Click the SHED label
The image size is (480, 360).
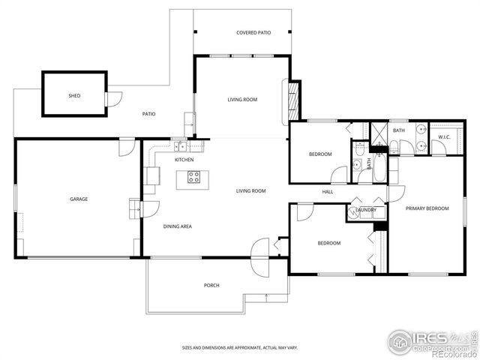[x=74, y=96]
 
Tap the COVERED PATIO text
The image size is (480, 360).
[x=253, y=33]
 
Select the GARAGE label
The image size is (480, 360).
[x=79, y=199]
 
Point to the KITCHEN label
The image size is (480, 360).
[x=184, y=160]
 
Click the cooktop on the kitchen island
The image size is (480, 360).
[x=193, y=178]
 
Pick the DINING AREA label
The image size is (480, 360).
[x=178, y=226]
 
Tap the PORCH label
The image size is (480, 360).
[x=211, y=286]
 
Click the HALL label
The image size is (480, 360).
[x=328, y=192]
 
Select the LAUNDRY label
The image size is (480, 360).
[x=366, y=210]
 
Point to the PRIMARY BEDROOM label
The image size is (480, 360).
[x=427, y=208]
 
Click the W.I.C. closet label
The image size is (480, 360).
[x=443, y=137]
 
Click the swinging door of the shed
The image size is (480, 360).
[x=113, y=98]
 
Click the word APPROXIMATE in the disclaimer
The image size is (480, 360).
[x=242, y=348]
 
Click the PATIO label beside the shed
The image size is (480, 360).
[x=149, y=114]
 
